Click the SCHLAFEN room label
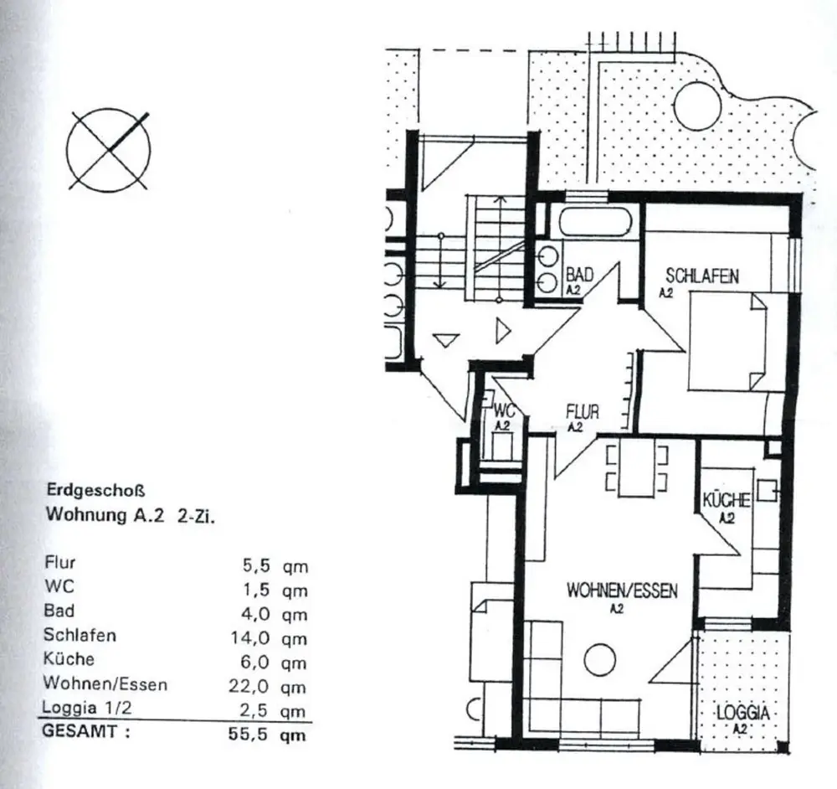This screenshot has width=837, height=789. click(702, 276)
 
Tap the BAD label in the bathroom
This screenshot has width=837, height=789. click(579, 275)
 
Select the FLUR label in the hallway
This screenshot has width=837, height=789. click(583, 412)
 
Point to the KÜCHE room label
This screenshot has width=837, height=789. click(726, 501)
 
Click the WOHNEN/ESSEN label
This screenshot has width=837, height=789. click(622, 590)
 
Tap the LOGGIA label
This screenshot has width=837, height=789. click(743, 713)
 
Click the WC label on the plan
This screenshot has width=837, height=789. click(504, 410)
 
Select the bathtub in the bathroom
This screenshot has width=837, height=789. click(596, 224)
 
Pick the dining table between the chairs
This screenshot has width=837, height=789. click(635, 468)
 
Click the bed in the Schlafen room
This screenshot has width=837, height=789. click(728, 342)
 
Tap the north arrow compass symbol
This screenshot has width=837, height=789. click(108, 151)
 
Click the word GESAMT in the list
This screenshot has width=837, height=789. click(79, 731)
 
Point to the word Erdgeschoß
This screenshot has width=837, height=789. click(96, 490)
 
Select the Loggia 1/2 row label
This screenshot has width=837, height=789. click(86, 708)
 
